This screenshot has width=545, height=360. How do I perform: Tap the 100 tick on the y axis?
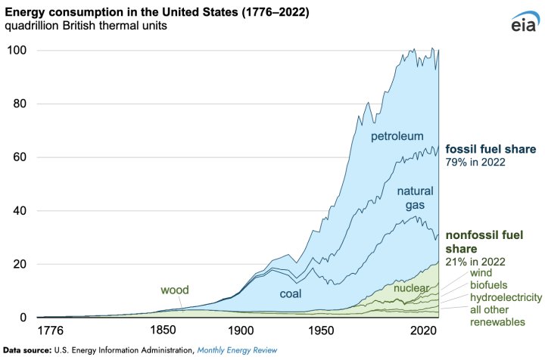(18, 51)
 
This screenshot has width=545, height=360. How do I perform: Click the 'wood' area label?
(174, 290)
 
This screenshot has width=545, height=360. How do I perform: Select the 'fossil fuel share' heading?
(490, 148)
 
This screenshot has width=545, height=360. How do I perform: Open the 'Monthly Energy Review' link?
(237, 350)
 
